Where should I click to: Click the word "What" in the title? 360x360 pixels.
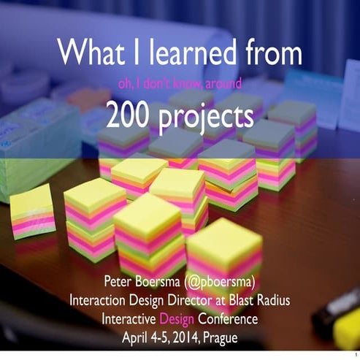88,52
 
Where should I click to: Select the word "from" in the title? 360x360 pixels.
272,52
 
